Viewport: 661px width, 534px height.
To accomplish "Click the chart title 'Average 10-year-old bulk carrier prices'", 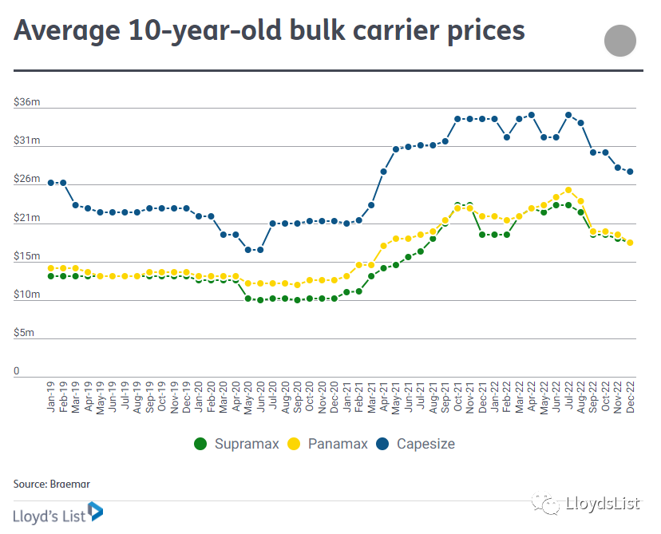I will click(x=269, y=30).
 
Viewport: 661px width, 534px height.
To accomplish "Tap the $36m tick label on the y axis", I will click(x=26, y=101).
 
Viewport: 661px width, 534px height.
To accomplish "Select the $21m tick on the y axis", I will click(x=26, y=218).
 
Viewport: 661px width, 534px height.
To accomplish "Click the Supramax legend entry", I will click(x=237, y=444).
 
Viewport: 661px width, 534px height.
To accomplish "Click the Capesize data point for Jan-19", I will click(x=51, y=183).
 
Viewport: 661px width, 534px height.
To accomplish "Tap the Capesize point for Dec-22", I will click(x=631, y=172).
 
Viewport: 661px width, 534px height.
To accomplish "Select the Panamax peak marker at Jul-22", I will click(x=568, y=190).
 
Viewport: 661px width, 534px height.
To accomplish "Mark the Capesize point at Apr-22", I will click(x=532, y=115).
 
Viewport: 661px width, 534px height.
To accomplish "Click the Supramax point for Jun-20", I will click(x=260, y=300).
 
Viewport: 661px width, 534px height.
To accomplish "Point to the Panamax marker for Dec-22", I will click(x=631, y=243).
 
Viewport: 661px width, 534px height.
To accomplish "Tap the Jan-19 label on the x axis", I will click(x=51, y=397).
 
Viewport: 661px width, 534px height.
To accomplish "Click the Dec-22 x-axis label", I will click(x=631, y=397).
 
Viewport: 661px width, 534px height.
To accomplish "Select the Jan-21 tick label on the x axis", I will click(x=346, y=397).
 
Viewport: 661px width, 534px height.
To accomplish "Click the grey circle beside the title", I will click(x=620, y=42).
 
